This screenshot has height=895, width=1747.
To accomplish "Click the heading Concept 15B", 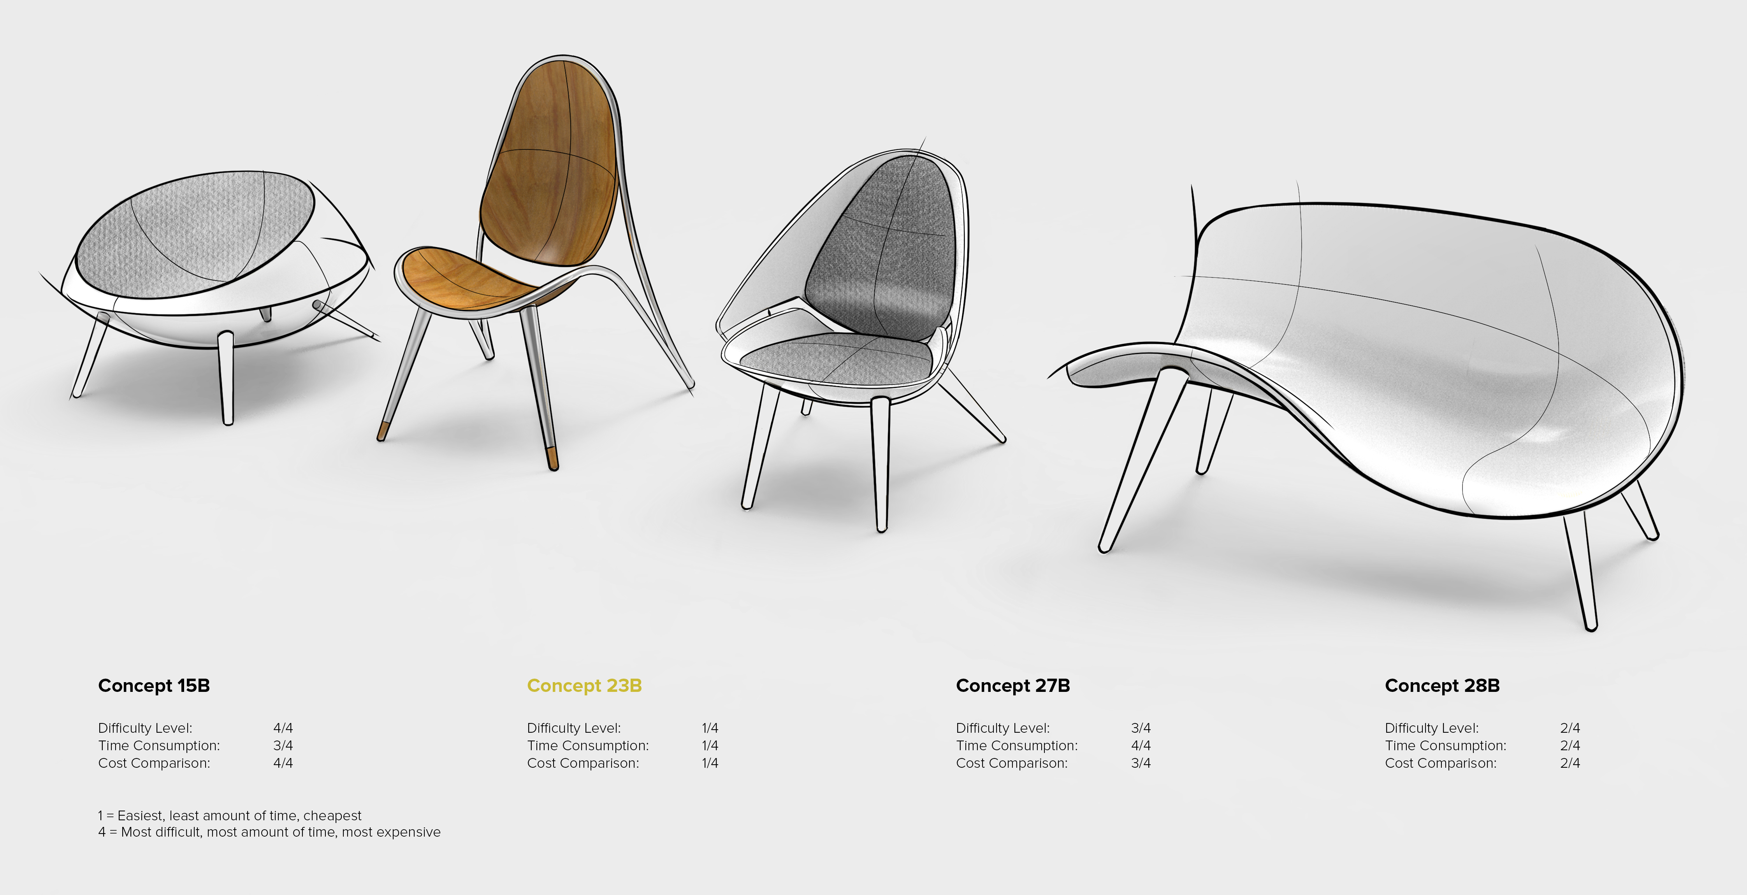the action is click(154, 686).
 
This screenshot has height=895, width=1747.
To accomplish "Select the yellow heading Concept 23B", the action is click(584, 686).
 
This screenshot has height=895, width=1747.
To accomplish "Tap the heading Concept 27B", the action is click(1012, 686).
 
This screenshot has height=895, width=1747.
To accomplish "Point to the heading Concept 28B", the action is click(1442, 686).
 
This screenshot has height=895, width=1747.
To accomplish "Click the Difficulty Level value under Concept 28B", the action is click(1570, 728).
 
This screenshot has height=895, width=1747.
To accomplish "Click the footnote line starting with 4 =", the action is click(269, 832).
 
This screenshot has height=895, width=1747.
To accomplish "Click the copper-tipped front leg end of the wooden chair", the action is click(552, 458).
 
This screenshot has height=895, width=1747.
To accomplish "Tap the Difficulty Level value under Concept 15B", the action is click(283, 728).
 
